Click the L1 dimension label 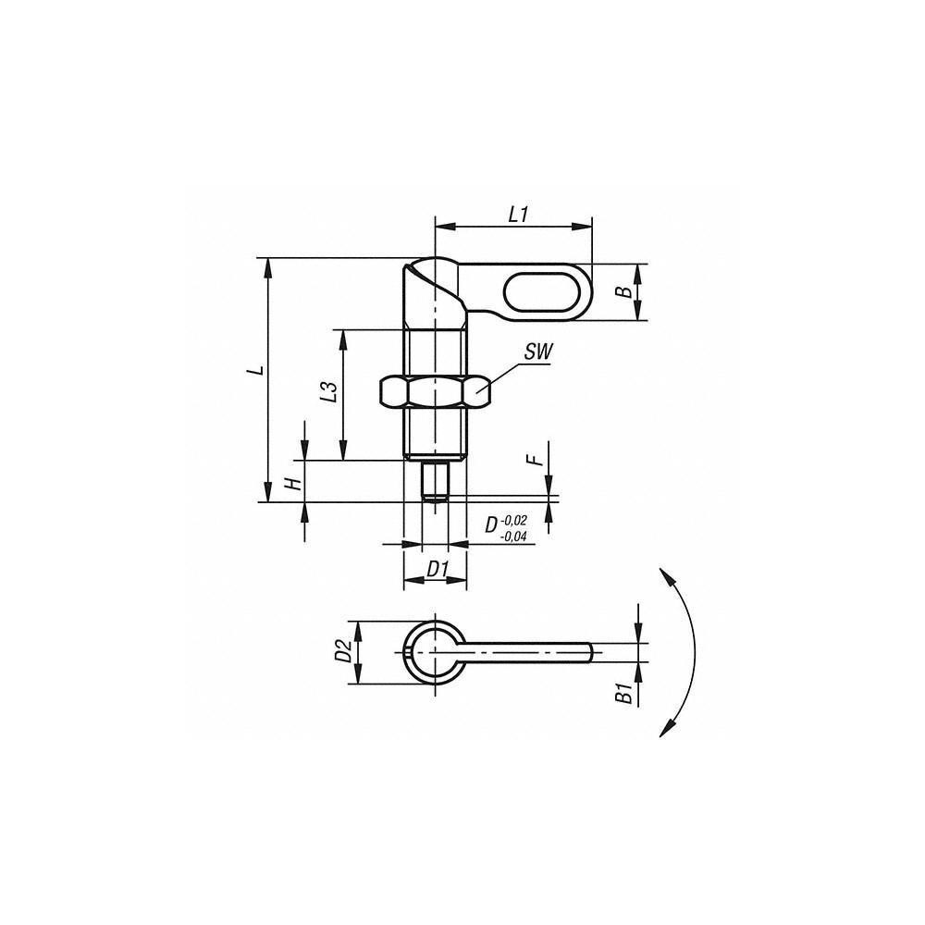point(517,215)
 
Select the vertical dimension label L point(259,370)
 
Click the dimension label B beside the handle point(625,292)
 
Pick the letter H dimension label point(290,485)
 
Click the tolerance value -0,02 point(514,521)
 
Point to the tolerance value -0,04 point(514,536)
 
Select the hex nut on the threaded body point(435,392)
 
